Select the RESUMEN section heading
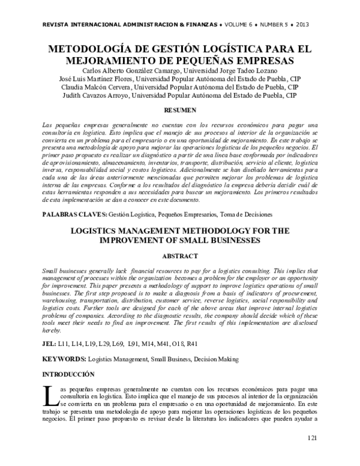[x=181, y=111]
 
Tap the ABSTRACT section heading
[x=181, y=255]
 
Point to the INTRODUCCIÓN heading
[x=68, y=374]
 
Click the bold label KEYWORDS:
[x=64, y=359]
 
